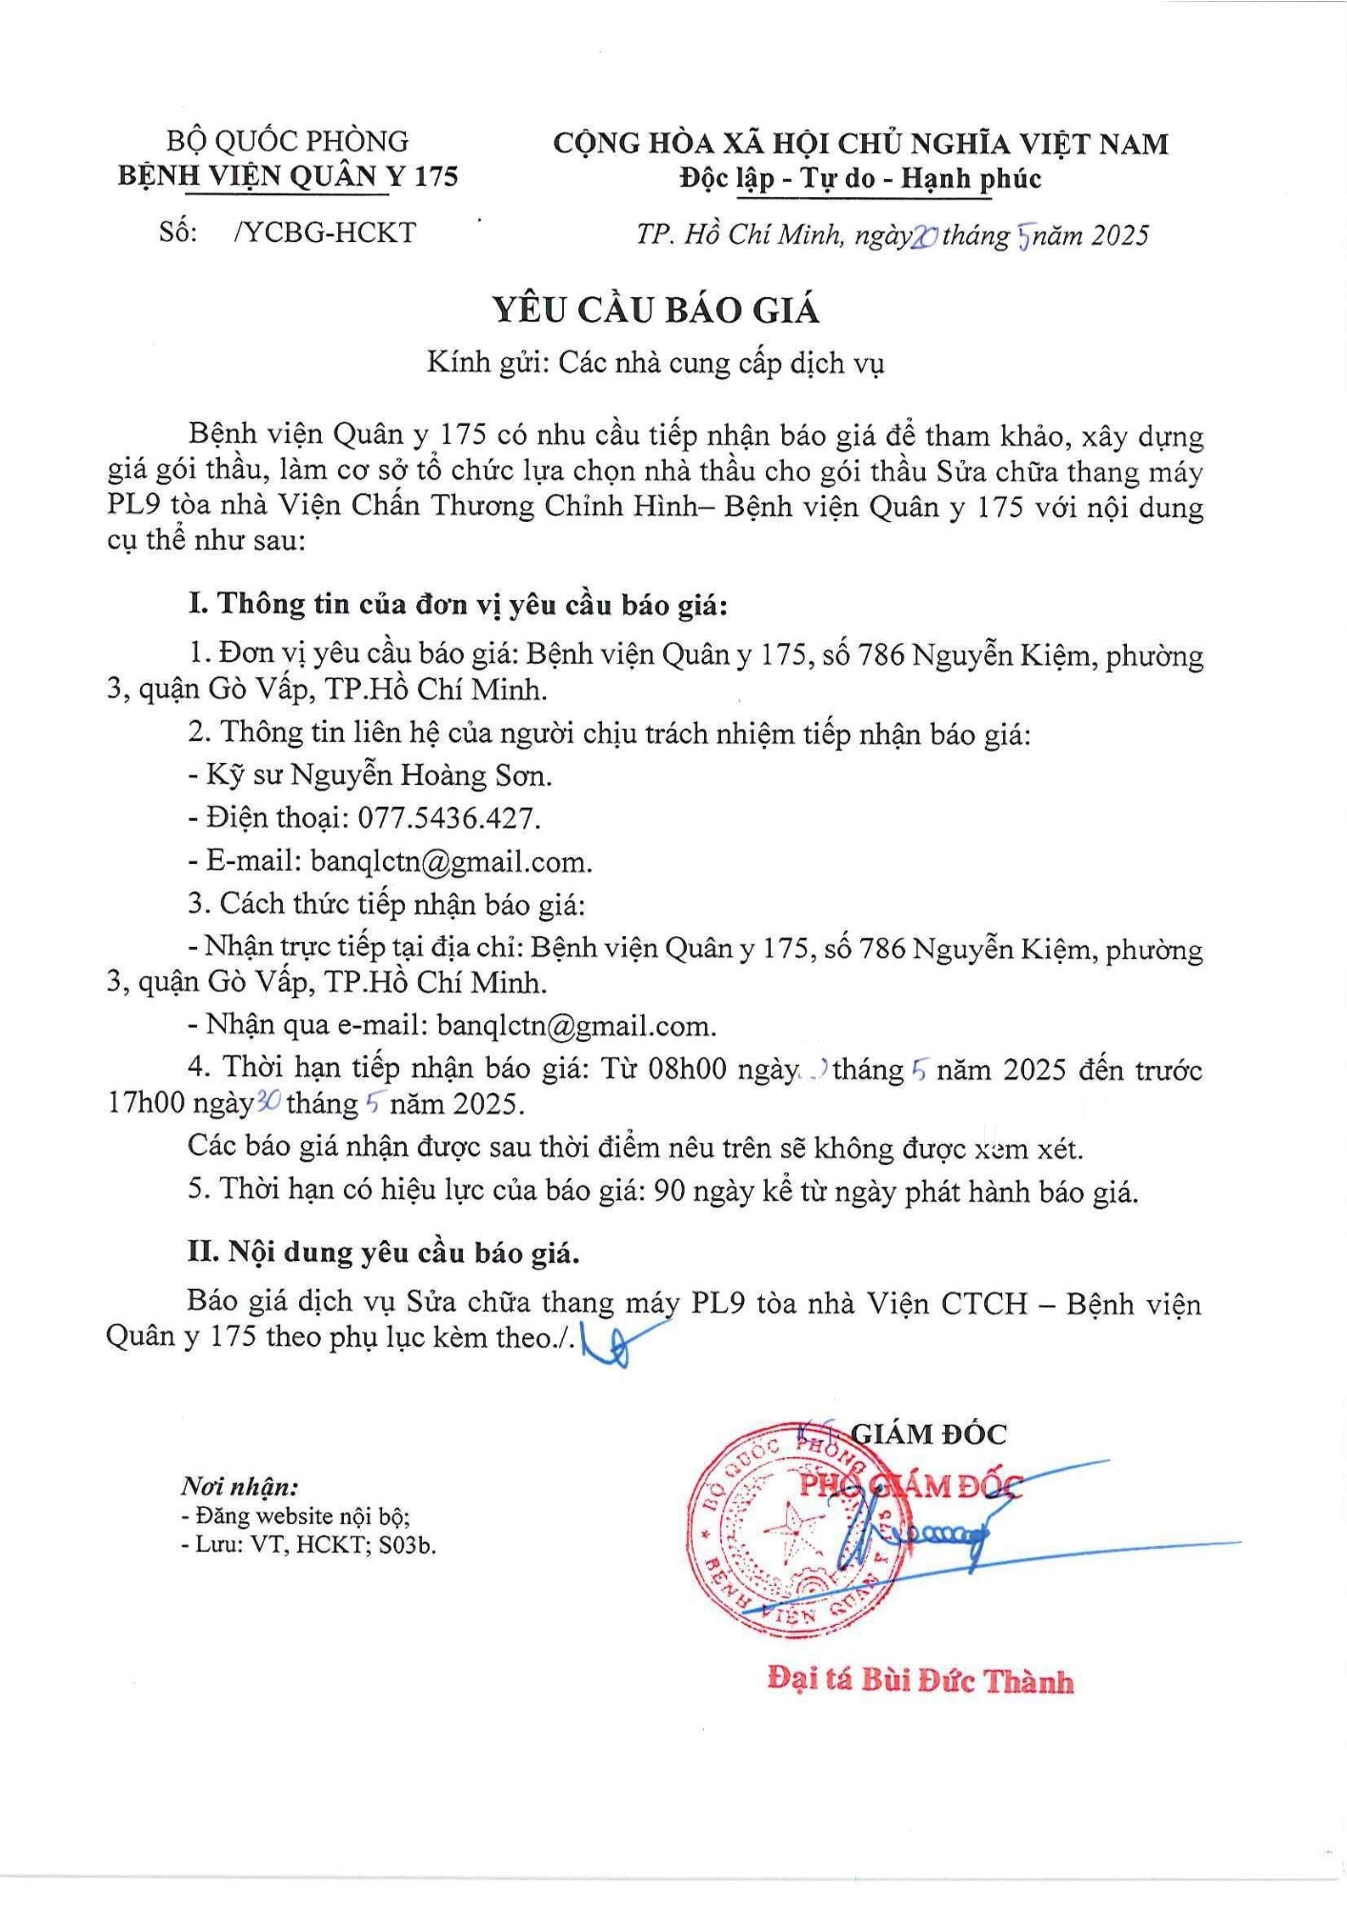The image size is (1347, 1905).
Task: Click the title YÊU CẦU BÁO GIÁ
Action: point(655,311)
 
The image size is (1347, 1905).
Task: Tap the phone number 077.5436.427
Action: point(449,818)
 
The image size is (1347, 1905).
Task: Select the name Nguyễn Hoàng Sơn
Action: point(420,775)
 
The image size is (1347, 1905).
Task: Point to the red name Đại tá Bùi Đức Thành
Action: point(920,1680)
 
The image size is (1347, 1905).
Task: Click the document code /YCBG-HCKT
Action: point(325,232)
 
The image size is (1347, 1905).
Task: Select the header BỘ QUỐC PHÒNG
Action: point(287,142)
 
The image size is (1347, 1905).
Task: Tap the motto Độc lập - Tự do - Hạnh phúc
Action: point(860,178)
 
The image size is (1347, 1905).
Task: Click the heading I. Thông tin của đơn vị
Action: point(458,604)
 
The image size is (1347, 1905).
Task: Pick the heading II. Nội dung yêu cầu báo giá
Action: point(383,1252)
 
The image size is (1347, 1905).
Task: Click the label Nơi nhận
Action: point(240,1486)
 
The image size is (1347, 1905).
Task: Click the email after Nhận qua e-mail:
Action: point(576,1026)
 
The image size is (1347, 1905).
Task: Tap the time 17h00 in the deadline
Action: point(146,1104)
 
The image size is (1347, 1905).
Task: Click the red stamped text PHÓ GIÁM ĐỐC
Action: point(910,1485)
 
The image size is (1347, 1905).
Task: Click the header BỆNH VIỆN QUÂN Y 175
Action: point(288,176)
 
